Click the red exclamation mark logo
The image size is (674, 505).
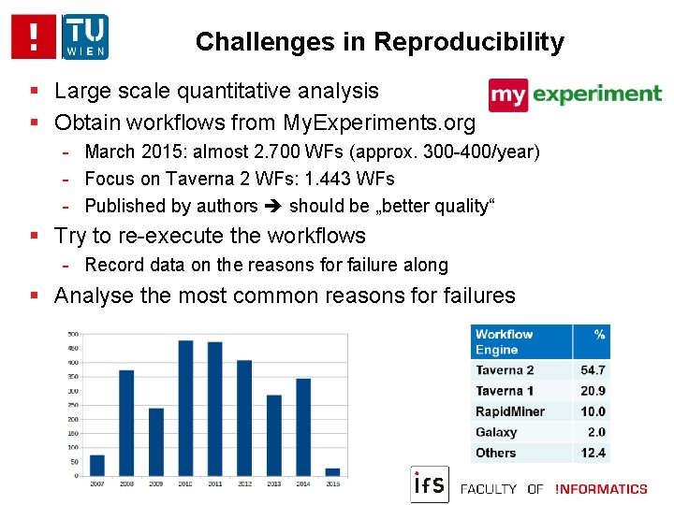[x=35, y=36]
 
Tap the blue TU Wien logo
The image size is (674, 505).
[x=85, y=36]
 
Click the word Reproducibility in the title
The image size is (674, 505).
[x=469, y=42]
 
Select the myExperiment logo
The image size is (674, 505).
[x=575, y=94]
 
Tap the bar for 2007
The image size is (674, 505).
[x=97, y=465]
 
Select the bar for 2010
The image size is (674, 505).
[x=185, y=408]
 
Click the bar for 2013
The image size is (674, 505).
[x=274, y=435]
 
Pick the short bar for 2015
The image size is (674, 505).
[x=332, y=471]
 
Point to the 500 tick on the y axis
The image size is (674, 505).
[x=72, y=334]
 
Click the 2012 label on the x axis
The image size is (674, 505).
[x=244, y=483]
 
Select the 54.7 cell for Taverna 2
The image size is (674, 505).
[x=593, y=370]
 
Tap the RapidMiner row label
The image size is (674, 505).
[x=509, y=411]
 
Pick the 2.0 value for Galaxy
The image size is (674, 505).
[x=596, y=432]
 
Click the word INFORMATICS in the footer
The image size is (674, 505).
[x=601, y=489]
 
